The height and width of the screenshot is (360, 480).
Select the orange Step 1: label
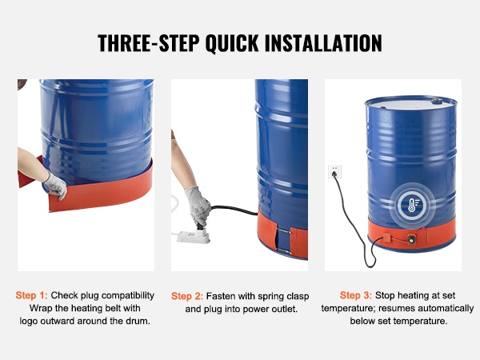tap(31, 295)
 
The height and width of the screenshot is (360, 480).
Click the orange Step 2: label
tap(187, 296)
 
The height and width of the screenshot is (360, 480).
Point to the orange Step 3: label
tap(356, 295)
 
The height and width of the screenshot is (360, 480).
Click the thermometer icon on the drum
tap(412, 205)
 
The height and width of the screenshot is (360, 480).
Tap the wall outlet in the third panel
tap(334, 171)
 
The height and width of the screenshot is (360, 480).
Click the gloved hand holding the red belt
tap(56, 186)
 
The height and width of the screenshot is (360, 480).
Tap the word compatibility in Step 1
tap(128, 295)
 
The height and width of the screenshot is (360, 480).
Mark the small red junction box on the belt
tap(386, 238)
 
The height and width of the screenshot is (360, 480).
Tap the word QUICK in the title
tap(232, 43)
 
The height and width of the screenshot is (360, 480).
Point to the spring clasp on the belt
tap(283, 242)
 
